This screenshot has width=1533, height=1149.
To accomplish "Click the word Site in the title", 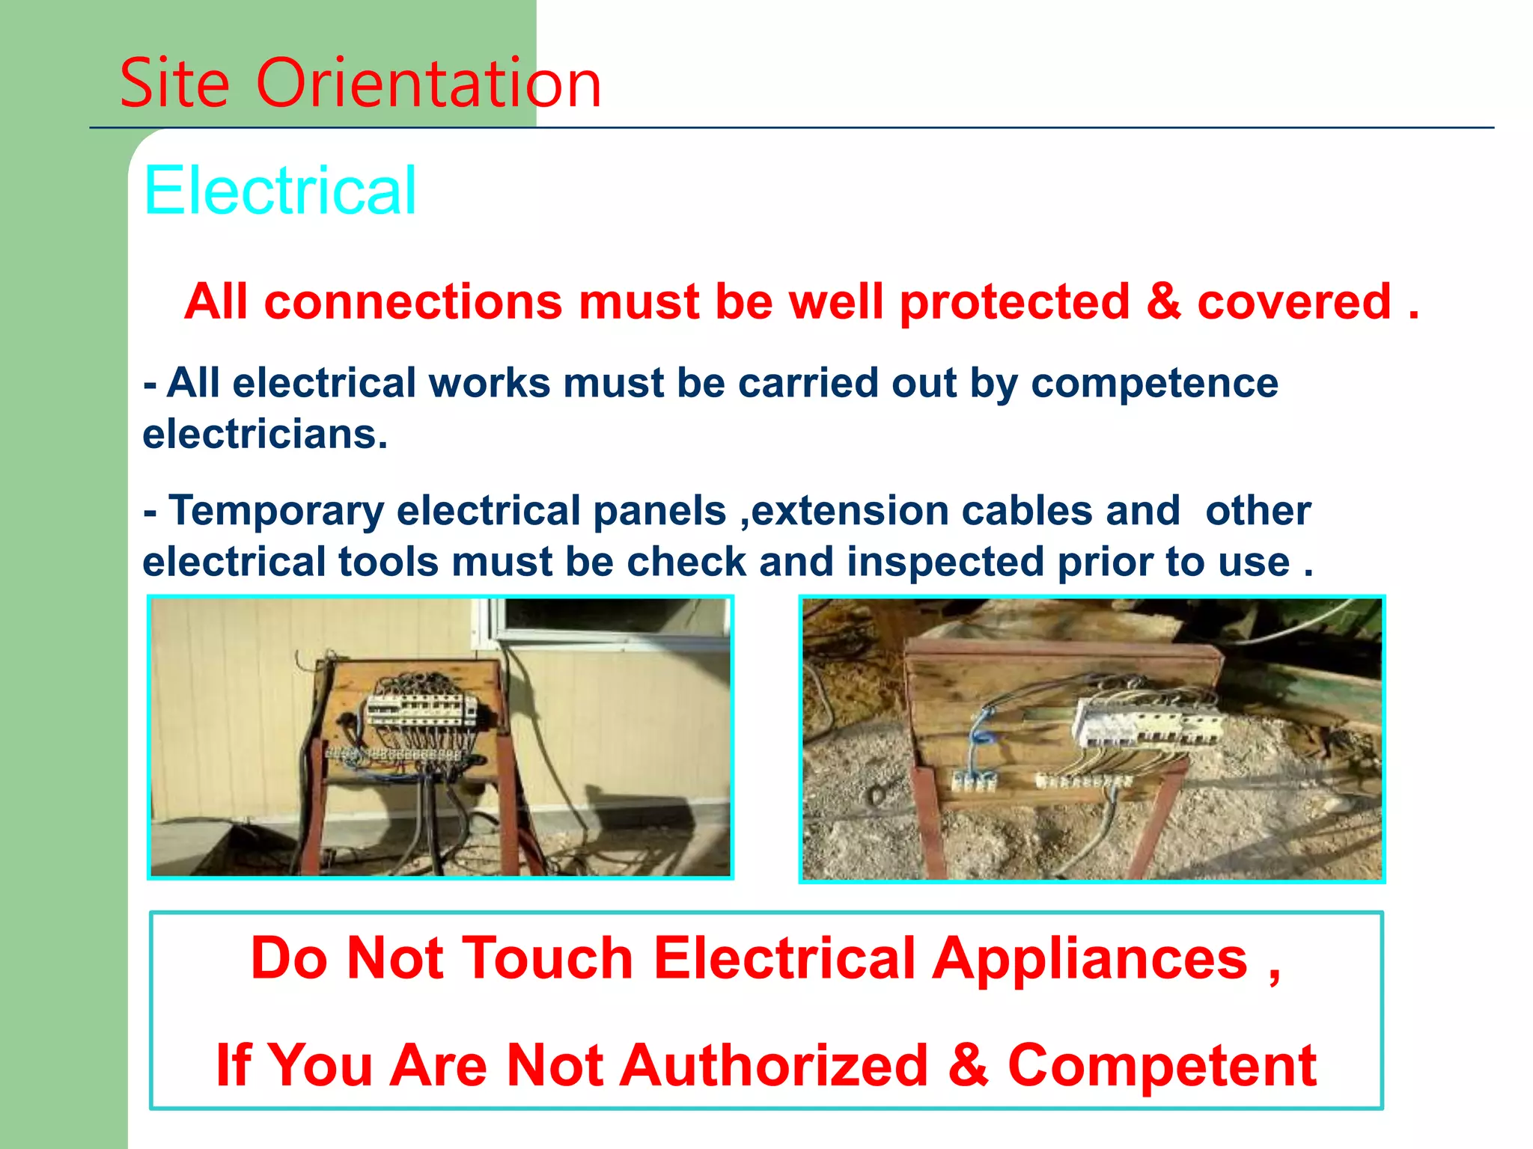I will click(174, 83).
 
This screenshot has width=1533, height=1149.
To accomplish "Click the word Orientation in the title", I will click(428, 83).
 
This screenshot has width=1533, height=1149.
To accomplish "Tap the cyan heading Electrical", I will click(280, 191).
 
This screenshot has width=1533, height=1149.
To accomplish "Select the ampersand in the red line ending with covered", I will click(1162, 301).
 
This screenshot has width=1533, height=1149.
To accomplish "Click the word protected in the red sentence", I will click(1014, 303).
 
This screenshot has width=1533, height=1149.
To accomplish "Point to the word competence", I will click(1154, 384).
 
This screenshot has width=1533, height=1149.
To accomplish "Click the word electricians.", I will click(265, 435).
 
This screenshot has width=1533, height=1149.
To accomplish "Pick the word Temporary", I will click(275, 512).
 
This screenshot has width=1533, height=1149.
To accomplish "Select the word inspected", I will click(945, 563).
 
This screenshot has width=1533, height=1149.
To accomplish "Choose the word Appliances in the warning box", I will click(1090, 960).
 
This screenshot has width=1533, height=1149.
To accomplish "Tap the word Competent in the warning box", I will click(1162, 1067).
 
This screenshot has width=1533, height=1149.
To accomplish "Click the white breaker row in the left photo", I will click(421, 709).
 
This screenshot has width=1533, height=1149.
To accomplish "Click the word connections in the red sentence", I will click(412, 303).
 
